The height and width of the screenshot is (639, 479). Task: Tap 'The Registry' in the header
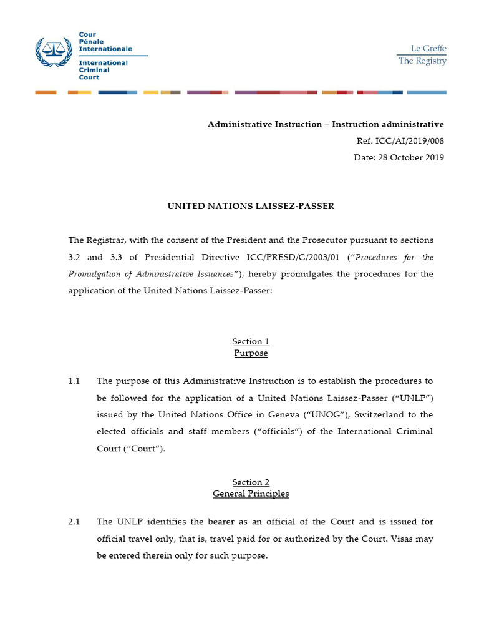click(x=422, y=61)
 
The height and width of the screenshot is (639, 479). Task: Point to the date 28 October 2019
click(x=410, y=157)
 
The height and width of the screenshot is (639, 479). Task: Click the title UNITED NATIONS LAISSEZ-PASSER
click(x=251, y=206)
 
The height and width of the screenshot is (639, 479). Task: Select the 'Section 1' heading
click(x=251, y=341)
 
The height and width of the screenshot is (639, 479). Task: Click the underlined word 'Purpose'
click(x=251, y=353)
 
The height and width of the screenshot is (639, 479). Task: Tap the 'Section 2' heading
click(x=251, y=482)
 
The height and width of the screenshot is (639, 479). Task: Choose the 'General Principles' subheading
click(x=251, y=494)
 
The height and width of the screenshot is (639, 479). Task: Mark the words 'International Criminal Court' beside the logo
click(x=103, y=70)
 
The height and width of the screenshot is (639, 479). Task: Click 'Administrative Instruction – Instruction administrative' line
click(x=326, y=124)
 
